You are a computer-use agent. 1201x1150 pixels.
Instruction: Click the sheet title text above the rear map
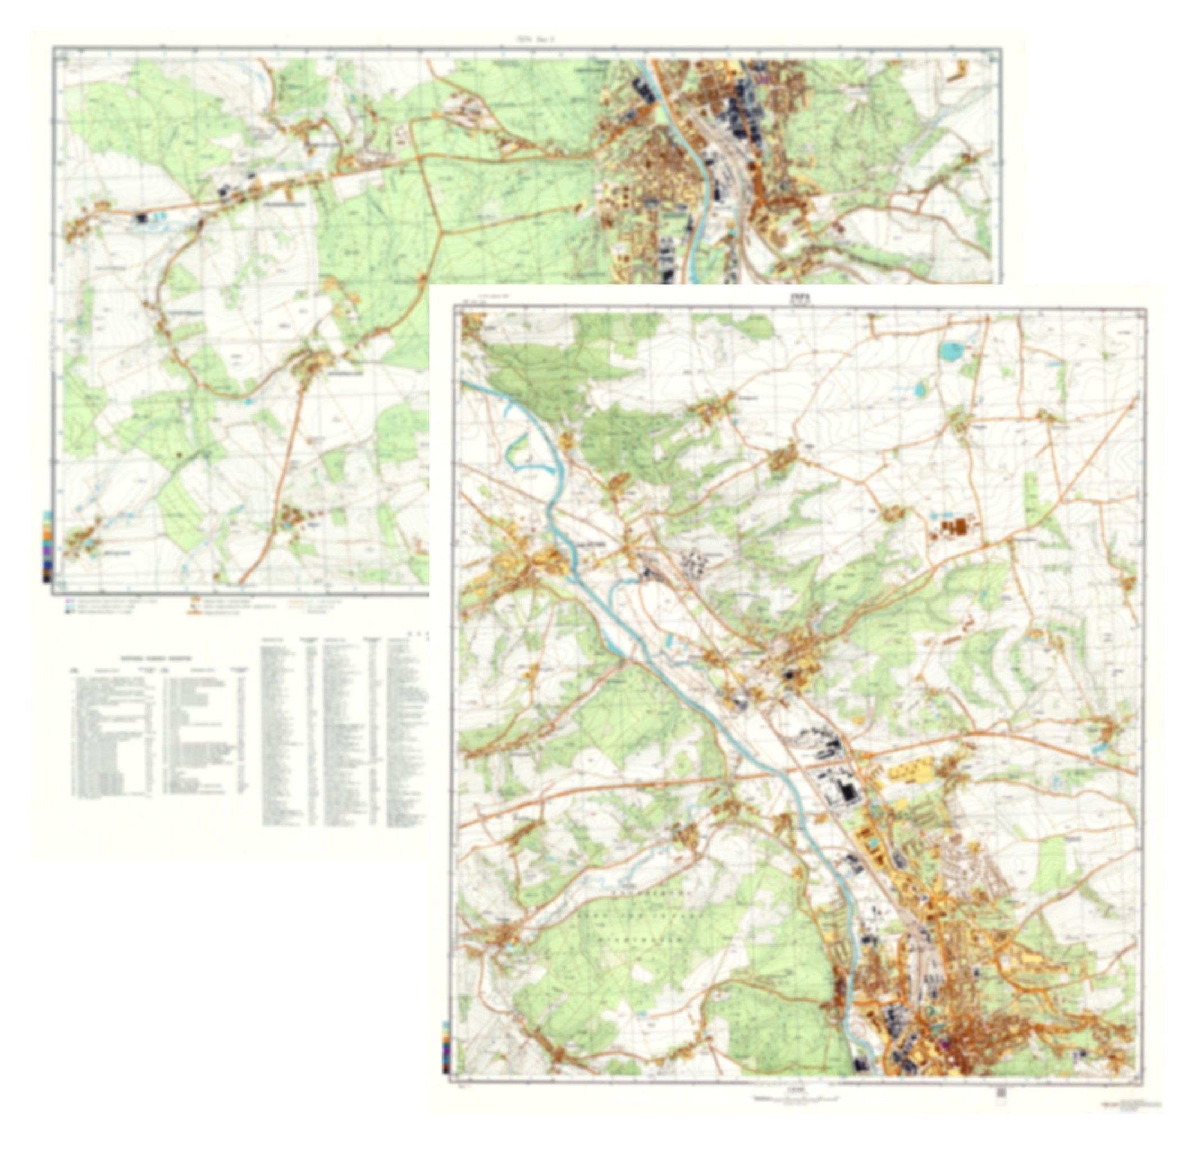point(536,39)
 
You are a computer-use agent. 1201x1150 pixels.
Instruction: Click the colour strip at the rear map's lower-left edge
point(47,545)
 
